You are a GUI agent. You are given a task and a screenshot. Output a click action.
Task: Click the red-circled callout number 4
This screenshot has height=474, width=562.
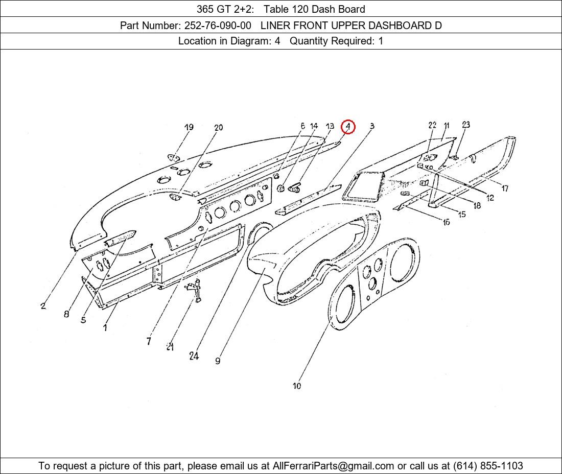(348, 126)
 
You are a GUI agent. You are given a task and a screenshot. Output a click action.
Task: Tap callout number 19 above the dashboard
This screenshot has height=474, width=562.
(189, 127)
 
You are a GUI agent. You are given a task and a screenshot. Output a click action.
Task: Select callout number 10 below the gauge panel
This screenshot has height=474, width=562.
(297, 386)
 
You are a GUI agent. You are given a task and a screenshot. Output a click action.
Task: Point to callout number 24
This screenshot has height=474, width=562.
(194, 356)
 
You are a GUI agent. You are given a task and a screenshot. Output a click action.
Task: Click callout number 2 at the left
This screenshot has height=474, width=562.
(43, 305)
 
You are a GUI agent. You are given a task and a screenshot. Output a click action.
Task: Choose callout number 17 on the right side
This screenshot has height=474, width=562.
(505, 188)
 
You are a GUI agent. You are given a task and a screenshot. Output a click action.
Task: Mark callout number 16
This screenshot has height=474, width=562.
(446, 222)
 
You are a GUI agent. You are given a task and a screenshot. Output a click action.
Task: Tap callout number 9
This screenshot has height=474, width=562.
(218, 361)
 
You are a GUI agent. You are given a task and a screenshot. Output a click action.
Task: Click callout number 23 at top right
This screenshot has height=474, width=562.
(465, 125)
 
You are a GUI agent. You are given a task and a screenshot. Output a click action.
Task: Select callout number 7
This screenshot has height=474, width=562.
(148, 341)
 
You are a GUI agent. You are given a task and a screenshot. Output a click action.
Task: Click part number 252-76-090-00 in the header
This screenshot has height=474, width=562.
(218, 26)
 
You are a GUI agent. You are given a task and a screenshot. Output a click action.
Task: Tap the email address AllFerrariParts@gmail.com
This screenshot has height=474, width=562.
(333, 466)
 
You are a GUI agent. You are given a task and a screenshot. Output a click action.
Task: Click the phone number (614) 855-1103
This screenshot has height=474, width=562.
(488, 466)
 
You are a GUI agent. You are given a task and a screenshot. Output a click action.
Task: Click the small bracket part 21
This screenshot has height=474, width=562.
(195, 290)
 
